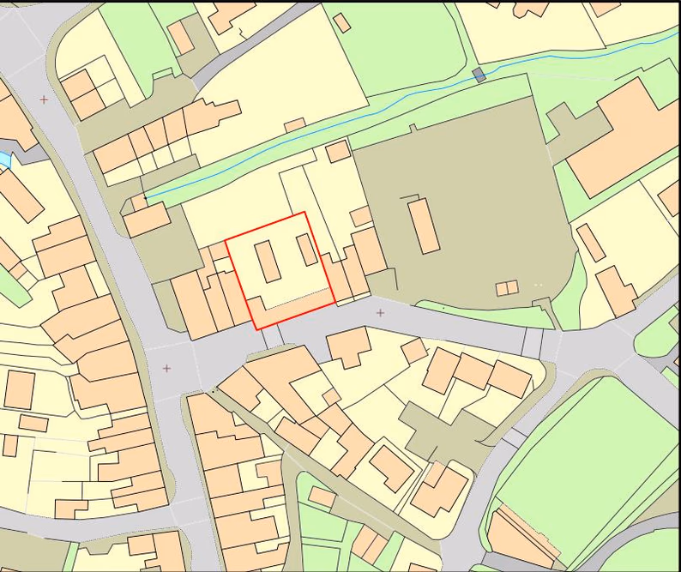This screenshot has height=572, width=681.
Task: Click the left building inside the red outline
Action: (x=268, y=261)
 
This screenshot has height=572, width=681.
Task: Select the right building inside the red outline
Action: (x=307, y=250)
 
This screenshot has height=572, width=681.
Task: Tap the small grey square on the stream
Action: (x=479, y=75)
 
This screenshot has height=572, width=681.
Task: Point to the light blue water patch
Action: (x=4, y=160)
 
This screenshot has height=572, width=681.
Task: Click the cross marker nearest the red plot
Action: (x=380, y=313)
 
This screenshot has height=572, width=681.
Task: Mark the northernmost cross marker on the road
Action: (x=44, y=99)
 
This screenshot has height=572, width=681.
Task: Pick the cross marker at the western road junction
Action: (x=166, y=368)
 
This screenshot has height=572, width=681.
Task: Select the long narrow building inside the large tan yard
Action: (x=424, y=226)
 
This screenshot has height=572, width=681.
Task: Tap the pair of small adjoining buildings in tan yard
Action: (x=507, y=288)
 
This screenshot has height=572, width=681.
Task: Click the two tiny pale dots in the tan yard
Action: (x=539, y=284)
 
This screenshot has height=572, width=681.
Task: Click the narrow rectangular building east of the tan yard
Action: (x=590, y=242)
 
